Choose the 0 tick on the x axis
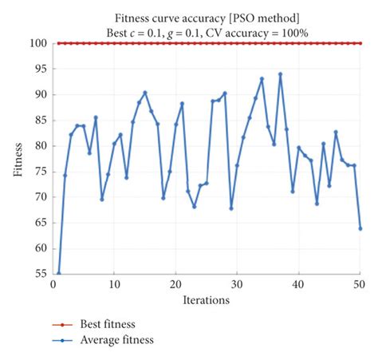pos(53,283)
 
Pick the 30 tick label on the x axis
pos(237,283)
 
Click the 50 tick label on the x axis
pos(360,283)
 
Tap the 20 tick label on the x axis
pos(175,283)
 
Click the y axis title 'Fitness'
pos(18,158)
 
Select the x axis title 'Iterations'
pos(206,300)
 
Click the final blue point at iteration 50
pos(360,228)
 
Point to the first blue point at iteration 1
pos(59,273)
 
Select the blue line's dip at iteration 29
pos(231,208)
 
